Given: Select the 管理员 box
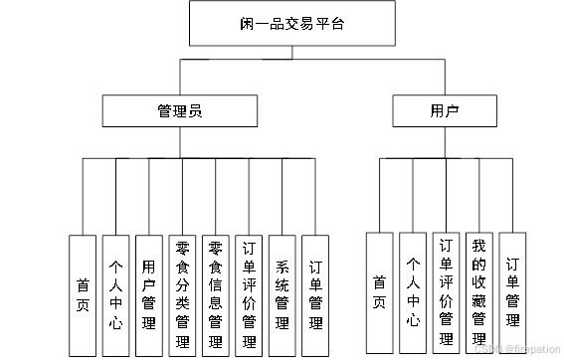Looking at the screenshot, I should [180, 110].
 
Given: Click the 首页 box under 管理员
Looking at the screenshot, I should [83, 295].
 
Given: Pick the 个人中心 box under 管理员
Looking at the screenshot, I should [115, 295].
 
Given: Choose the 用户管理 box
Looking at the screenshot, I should [148, 295].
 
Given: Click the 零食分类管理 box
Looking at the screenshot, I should [182, 295].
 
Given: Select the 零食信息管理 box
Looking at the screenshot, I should [215, 295].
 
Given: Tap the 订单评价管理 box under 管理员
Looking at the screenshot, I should [249, 295].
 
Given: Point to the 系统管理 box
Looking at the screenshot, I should [282, 295].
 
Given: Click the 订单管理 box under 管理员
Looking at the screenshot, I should [315, 295].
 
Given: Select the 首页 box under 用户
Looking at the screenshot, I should [380, 289].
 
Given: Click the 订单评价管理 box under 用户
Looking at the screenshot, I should [447, 289].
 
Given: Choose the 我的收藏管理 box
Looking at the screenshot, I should [479, 289].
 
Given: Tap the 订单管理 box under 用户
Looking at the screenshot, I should [512, 289].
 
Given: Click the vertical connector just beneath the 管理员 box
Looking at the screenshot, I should [180, 142].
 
